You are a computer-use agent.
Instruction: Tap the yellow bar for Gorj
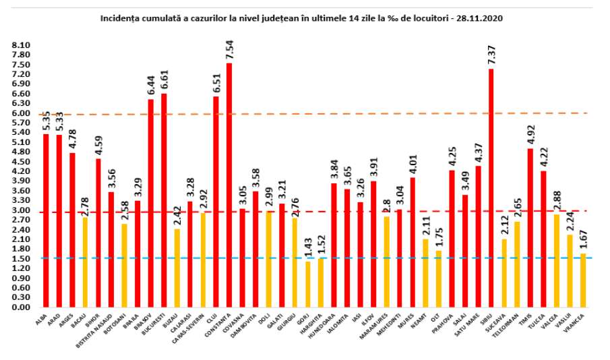[308, 284]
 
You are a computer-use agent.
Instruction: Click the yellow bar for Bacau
[85, 262]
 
